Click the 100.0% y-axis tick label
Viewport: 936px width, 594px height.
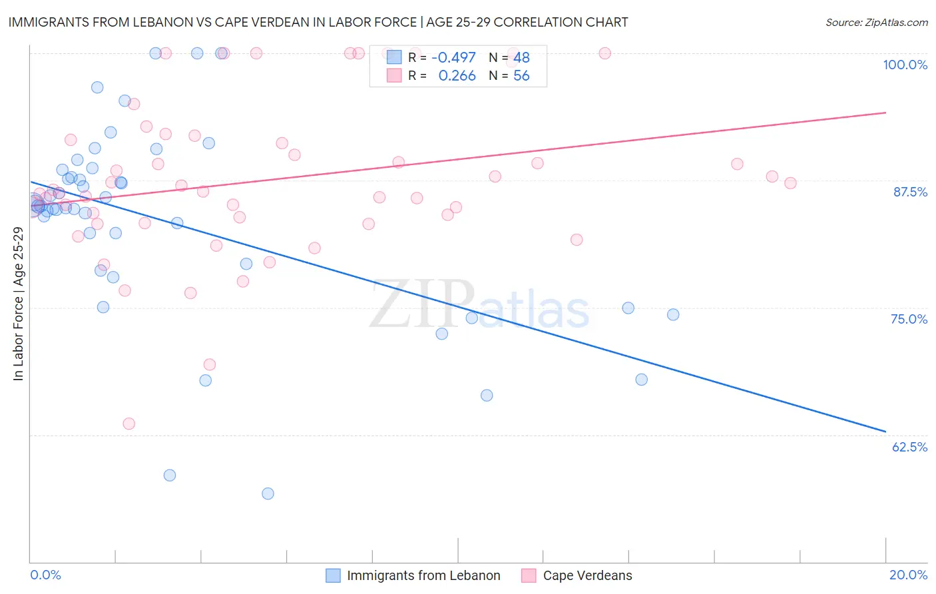pos(905,65)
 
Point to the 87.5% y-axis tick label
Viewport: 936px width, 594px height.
pos(910,192)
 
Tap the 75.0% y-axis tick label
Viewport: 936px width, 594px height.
pos(909,319)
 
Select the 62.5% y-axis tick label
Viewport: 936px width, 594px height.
pos(909,447)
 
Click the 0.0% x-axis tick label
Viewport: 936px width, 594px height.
pos(45,575)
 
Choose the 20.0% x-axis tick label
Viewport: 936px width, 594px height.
pos(908,575)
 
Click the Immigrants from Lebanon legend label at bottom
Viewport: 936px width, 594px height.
pos(423,575)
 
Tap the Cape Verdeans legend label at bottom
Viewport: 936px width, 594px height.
pos(587,575)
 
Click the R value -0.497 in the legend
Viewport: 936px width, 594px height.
pos(453,58)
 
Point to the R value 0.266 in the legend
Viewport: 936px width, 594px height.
pos(457,76)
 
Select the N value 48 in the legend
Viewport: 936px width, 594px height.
pos(521,58)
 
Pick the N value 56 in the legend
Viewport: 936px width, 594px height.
pos(521,76)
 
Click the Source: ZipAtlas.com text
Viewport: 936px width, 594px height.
pos(876,23)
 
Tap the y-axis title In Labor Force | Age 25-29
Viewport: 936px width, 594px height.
pos(18,304)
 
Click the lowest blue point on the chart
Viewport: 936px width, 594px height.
pos(268,493)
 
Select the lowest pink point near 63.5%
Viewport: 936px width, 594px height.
pos(129,424)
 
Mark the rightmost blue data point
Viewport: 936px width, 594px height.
pos(673,314)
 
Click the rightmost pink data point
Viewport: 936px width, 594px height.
pos(790,183)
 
